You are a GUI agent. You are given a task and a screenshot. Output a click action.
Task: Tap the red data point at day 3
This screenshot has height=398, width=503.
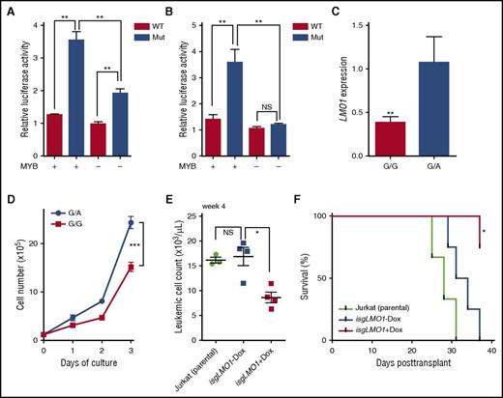point(130,267)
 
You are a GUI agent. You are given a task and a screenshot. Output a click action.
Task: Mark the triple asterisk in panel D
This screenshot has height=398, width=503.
point(145,245)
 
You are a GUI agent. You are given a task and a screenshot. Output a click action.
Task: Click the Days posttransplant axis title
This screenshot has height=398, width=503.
point(411,385)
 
